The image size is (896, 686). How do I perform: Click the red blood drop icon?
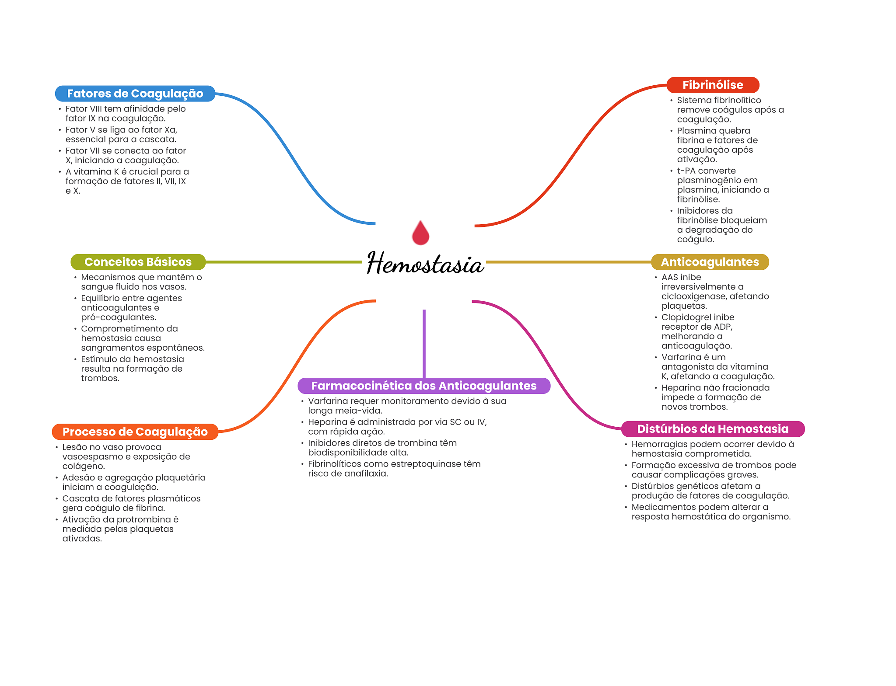(x=420, y=233)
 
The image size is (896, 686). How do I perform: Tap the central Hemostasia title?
(x=425, y=264)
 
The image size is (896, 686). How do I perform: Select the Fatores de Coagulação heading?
(x=135, y=94)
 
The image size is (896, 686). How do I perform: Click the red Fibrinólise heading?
(x=712, y=85)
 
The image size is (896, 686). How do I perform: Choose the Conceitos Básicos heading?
(x=138, y=262)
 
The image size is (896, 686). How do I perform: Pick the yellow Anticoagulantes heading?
(x=710, y=262)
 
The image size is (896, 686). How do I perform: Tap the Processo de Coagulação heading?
(x=135, y=432)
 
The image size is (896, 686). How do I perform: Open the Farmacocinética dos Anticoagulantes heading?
(x=423, y=386)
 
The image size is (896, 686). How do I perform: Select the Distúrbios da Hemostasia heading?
(x=712, y=429)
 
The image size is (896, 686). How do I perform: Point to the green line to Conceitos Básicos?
(x=284, y=262)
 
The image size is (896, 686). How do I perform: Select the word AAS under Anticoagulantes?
(x=669, y=277)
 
